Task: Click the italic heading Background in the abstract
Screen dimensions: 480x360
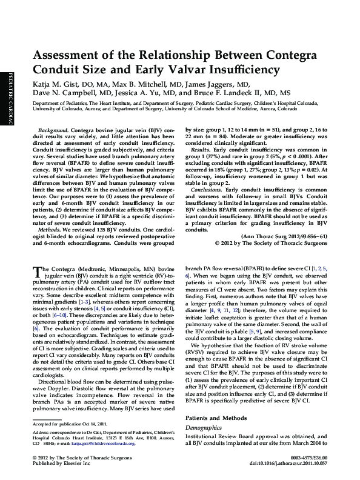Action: click(53, 131)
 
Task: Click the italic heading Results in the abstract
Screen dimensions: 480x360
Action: click(201, 148)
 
